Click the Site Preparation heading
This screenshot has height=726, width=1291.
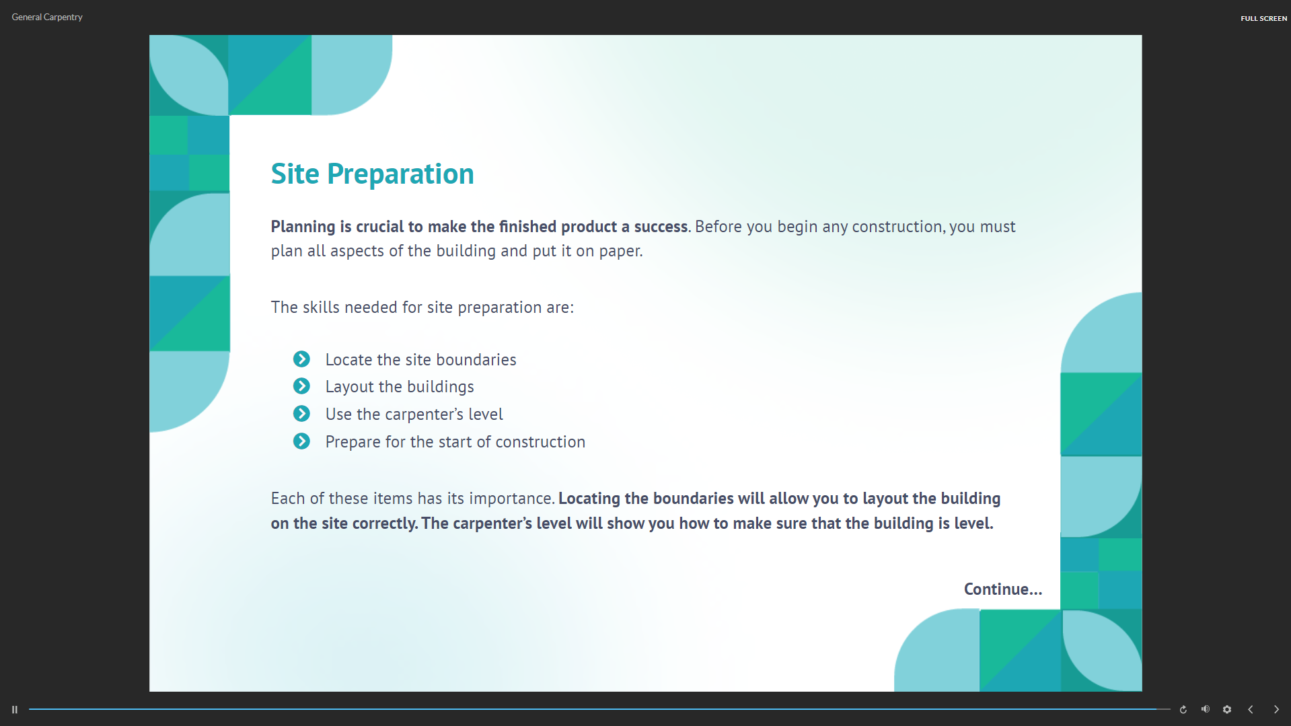click(372, 174)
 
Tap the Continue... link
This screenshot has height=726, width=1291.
click(1002, 589)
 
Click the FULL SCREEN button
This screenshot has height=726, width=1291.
click(1263, 18)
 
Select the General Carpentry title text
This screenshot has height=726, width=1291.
click(47, 17)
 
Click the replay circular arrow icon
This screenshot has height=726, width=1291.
click(1183, 709)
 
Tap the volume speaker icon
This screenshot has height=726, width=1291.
click(1206, 709)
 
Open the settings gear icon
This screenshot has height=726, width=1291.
click(1227, 709)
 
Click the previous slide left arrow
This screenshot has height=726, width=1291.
click(1251, 709)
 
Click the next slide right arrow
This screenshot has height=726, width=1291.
click(1276, 709)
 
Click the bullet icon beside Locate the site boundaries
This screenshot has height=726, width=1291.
click(301, 359)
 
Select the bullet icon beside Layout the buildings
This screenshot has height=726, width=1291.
click(301, 386)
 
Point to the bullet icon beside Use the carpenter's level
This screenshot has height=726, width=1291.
click(301, 414)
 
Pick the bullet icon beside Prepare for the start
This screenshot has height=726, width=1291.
click(301, 441)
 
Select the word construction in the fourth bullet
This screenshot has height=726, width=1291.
click(540, 442)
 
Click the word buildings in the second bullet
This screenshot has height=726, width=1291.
click(440, 388)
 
